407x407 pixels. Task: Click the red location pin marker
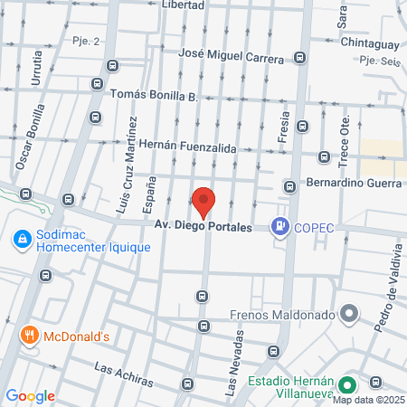coord(203,202)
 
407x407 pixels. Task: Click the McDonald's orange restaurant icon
coord(30,336)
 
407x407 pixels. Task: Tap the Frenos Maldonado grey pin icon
coord(350,315)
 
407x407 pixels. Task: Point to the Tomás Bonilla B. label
coord(153,95)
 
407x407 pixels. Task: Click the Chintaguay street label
coord(370,42)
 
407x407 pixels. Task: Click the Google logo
coord(31,395)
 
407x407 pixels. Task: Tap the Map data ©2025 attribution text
coord(371,399)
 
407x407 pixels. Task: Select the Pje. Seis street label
coord(379,62)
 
